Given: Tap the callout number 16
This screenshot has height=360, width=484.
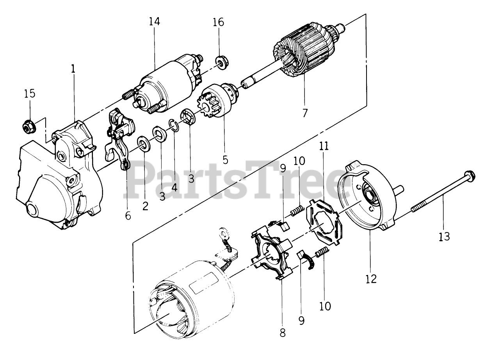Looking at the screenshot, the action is (219, 22).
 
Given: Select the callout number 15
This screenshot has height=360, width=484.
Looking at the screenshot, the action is (30, 94).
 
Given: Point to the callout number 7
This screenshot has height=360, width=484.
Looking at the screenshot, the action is (305, 113).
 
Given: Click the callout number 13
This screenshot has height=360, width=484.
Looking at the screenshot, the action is (444, 236).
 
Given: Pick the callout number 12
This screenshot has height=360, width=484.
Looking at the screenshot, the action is (371, 278).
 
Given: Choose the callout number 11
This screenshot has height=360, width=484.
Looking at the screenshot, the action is (324, 146).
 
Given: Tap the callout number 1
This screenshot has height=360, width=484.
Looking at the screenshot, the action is (73, 69).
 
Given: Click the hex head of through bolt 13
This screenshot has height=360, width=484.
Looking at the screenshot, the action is (468, 175).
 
